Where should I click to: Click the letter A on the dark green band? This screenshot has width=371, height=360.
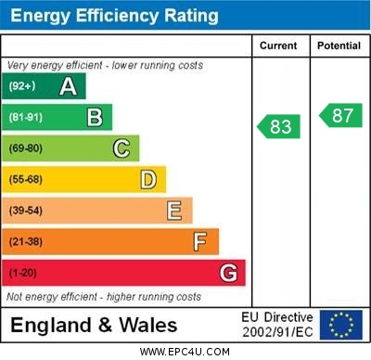pos(68,86)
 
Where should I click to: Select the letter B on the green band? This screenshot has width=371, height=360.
pos(95,117)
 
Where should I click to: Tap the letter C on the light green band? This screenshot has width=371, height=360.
pos(122,148)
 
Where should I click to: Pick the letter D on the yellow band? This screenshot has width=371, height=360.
pos(147,179)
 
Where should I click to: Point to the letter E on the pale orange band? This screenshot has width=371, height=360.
pos(174,211)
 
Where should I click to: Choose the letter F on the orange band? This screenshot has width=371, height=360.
pos(200,242)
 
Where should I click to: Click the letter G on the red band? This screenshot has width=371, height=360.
pos(228,273)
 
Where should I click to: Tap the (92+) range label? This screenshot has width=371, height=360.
pos(22,86)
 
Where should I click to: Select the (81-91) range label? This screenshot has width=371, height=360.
pos(26,118)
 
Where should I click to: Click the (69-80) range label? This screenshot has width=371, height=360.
pos(26,148)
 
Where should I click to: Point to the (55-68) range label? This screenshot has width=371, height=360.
pos(26,180)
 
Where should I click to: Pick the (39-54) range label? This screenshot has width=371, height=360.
pos(26,211)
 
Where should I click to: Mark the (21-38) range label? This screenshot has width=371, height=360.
pos(26,242)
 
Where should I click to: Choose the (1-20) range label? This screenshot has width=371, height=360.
pos(24,274)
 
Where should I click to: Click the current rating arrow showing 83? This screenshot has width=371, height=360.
pos(279,127)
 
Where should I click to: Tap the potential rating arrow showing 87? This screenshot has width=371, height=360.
pos(340,115)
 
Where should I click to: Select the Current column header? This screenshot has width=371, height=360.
pos(278,45)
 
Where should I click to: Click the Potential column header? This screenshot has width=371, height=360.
pos(339,45)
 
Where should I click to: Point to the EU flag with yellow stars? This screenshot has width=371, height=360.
pos(341,325)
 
